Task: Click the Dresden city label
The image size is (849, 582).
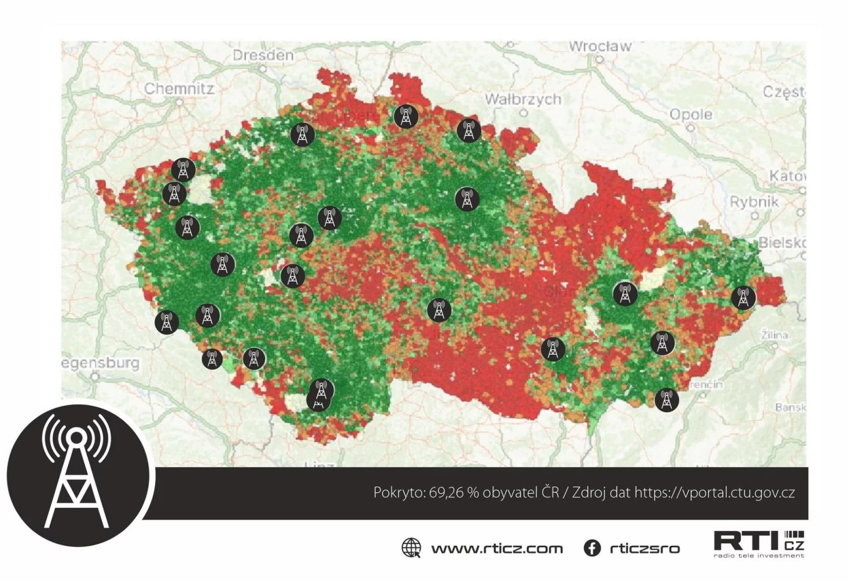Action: (x=263, y=55)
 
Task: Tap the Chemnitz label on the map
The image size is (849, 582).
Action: (x=179, y=89)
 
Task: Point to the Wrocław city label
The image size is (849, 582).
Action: (x=600, y=47)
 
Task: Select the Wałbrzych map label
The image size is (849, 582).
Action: (x=523, y=99)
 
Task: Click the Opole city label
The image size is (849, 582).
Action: (x=691, y=115)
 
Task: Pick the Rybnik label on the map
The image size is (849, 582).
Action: (x=754, y=202)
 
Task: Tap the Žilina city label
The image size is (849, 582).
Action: (x=774, y=336)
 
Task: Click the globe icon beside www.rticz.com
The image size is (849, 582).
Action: (x=411, y=548)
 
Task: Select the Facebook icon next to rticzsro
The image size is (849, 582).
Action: (x=592, y=548)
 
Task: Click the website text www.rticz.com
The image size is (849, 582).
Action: (x=497, y=549)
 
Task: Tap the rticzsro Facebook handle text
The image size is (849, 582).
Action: (x=644, y=549)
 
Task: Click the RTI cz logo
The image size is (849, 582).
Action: (x=759, y=544)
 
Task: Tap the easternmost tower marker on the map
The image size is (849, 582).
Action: (x=743, y=297)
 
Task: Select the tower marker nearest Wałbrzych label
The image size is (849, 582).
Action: (x=469, y=130)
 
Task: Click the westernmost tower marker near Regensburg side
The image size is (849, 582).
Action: (x=167, y=322)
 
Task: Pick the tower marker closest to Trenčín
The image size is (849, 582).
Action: (x=666, y=400)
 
